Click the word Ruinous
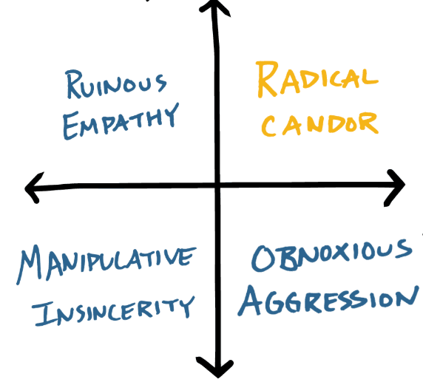[x=117, y=86]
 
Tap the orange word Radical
[x=317, y=80]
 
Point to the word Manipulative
[x=107, y=262]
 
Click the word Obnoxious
[x=331, y=257]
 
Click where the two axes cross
[x=216, y=185]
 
